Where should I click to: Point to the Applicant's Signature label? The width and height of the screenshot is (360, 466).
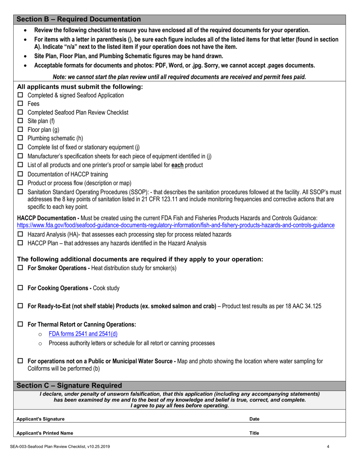(x=41, y=419)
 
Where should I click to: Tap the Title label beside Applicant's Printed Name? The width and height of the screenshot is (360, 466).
(x=254, y=433)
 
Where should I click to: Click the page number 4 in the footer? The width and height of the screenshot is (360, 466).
(x=328, y=447)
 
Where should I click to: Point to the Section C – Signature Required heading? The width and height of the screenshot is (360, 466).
(x=69, y=386)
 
